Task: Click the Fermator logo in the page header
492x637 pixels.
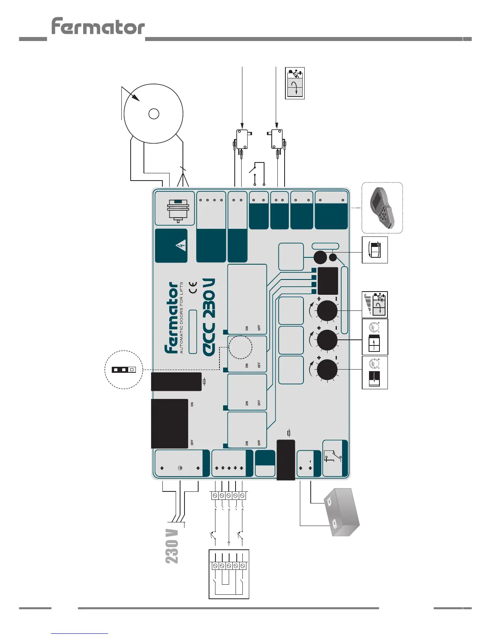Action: click(x=98, y=27)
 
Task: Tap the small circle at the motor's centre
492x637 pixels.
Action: click(x=154, y=114)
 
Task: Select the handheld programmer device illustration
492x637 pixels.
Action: click(x=382, y=208)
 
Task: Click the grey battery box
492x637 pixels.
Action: click(x=341, y=513)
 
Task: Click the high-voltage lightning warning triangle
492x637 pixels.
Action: click(x=182, y=245)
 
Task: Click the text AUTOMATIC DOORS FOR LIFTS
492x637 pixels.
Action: click(x=181, y=318)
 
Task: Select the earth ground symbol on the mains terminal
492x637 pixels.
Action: click(x=180, y=468)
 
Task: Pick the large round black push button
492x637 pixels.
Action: click(x=320, y=257)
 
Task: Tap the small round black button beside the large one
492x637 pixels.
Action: click(x=333, y=258)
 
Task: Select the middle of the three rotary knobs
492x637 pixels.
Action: click(x=327, y=340)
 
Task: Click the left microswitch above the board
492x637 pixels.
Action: click(x=242, y=140)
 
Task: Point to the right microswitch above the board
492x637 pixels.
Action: click(x=277, y=139)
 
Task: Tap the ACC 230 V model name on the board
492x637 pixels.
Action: click(x=209, y=317)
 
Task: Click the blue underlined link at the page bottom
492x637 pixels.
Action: click(x=80, y=633)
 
